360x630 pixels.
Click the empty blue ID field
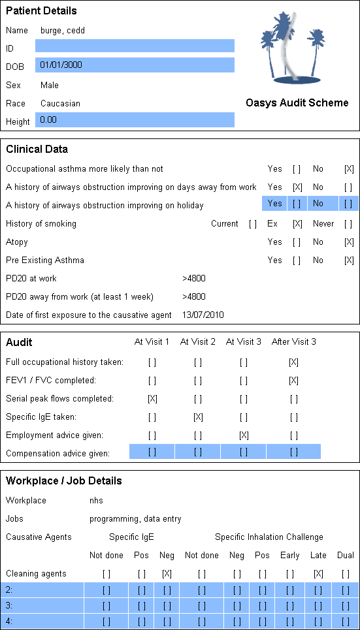[135, 46]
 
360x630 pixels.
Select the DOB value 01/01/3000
[61, 64]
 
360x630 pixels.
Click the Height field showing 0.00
[135, 119]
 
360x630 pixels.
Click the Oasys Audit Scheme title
[297, 103]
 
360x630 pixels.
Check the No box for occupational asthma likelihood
[349, 169]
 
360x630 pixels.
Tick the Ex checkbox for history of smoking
[297, 224]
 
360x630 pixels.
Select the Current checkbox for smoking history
[253, 224]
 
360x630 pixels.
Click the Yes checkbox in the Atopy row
[297, 242]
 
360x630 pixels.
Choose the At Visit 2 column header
[197, 342]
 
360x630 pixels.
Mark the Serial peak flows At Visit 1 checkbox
[152, 399]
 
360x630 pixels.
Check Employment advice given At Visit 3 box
[243, 435]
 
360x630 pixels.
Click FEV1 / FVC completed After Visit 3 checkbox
[293, 381]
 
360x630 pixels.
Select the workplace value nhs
[96, 500]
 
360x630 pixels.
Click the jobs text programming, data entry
[135, 519]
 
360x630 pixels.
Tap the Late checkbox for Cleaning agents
[318, 574]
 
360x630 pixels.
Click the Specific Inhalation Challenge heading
[269, 537]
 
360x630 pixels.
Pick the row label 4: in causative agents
[9, 621]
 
